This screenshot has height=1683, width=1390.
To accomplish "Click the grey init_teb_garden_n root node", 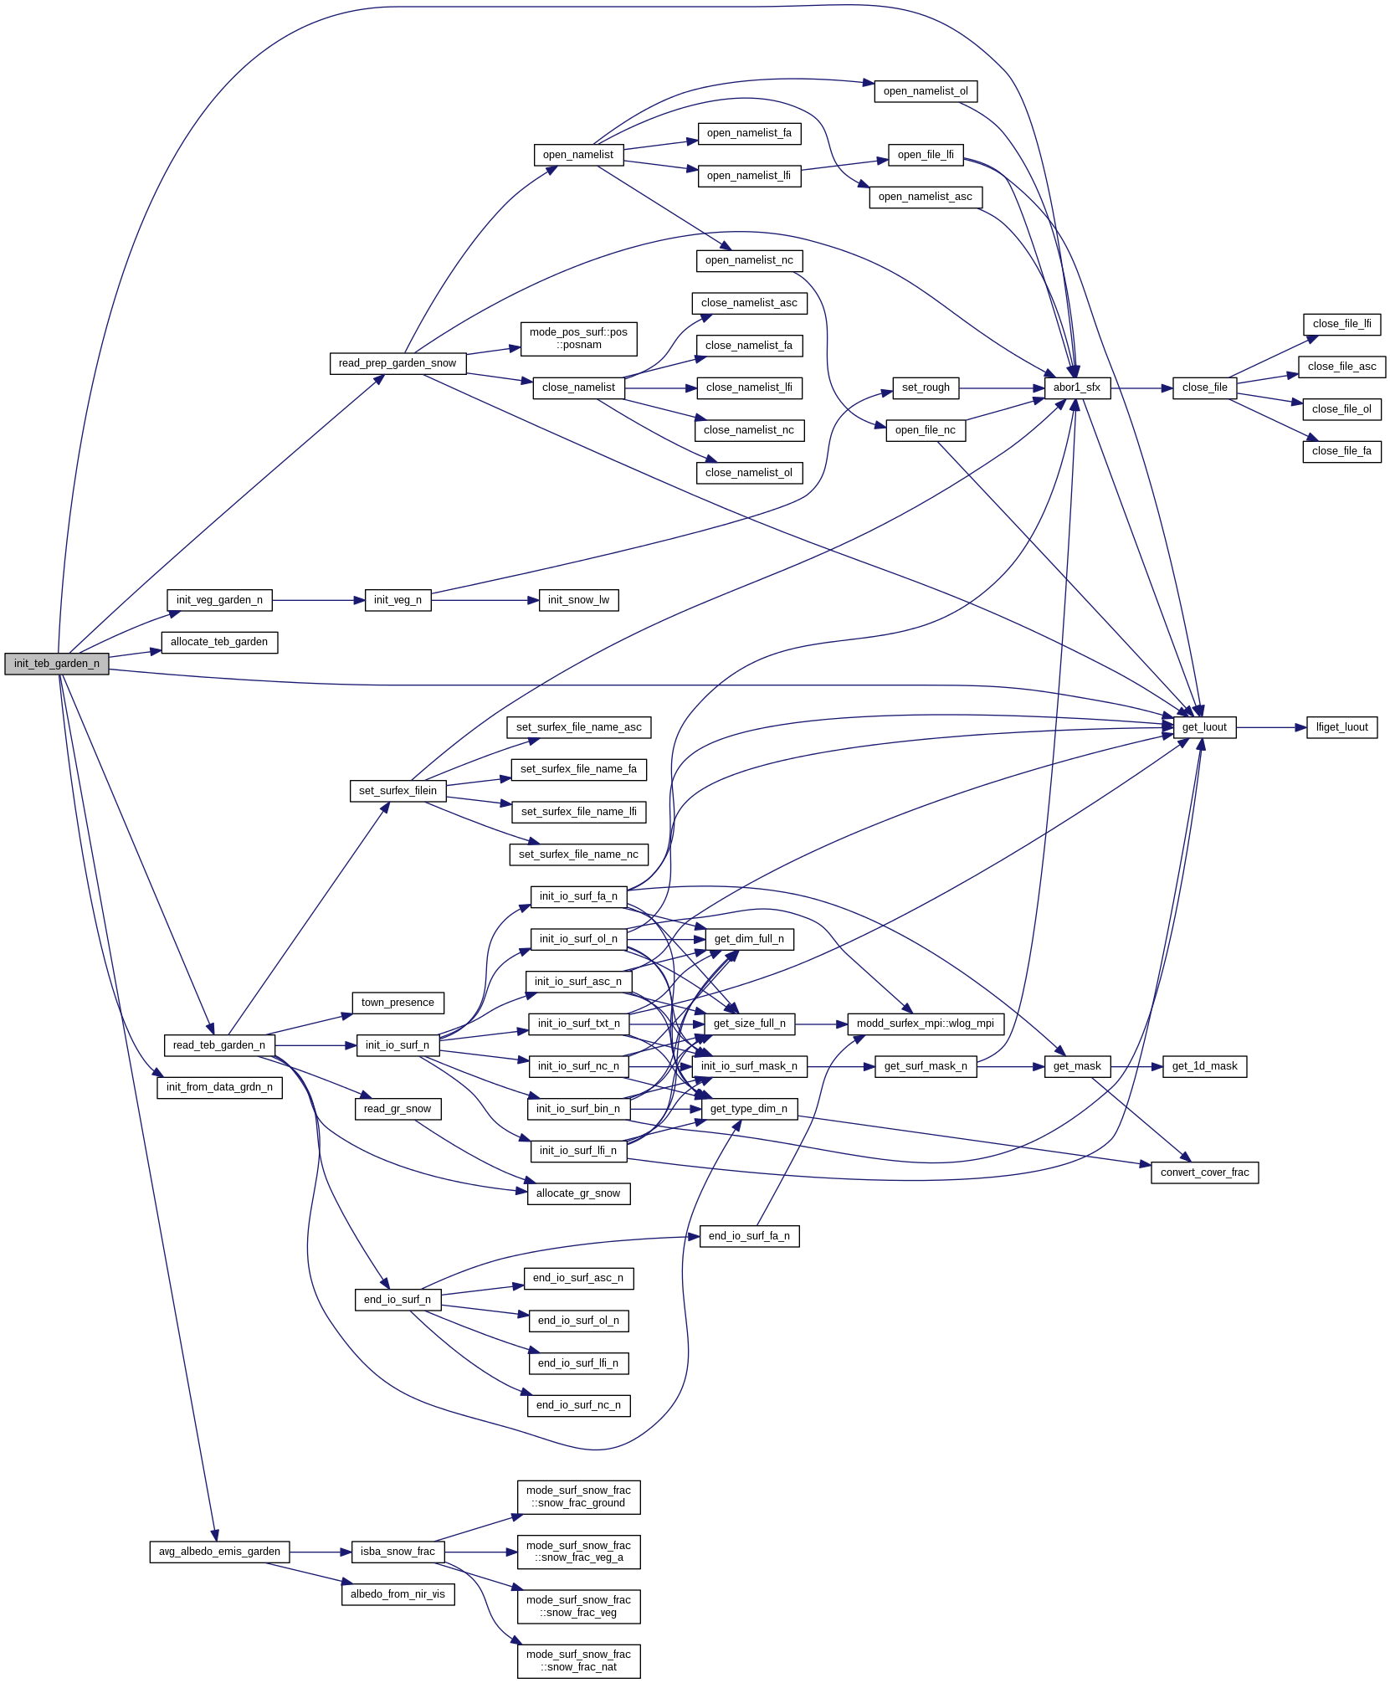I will [x=56, y=664].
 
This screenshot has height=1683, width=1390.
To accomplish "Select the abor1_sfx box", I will [x=1076, y=387].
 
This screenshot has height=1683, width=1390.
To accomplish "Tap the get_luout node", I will [x=1203, y=727].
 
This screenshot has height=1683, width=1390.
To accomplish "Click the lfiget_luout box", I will [x=1341, y=727].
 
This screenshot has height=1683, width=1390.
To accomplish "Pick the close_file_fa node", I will [x=1341, y=451].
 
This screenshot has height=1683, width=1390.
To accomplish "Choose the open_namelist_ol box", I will [x=925, y=91].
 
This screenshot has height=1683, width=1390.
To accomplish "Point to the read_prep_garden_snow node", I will [x=398, y=363].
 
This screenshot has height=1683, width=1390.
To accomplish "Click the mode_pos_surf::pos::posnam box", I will [x=578, y=338].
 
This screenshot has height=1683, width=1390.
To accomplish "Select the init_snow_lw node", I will [x=578, y=600].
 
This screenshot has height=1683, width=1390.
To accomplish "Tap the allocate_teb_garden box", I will [x=219, y=642].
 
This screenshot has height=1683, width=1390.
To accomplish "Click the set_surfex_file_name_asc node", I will [x=578, y=727].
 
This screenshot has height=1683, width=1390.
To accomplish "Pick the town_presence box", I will [x=398, y=1003].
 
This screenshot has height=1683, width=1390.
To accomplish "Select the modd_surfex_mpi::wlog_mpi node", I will [x=925, y=1024].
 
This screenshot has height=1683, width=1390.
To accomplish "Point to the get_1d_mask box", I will [x=1203, y=1066].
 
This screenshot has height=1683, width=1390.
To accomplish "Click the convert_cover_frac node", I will [x=1203, y=1172].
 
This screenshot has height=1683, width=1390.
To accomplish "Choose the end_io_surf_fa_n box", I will [x=749, y=1236].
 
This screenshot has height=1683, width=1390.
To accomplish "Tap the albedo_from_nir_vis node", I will [x=398, y=1594].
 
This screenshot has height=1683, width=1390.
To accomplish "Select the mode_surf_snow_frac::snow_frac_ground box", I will [x=578, y=1496].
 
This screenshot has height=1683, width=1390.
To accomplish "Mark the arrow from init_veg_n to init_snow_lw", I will [x=485, y=600].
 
